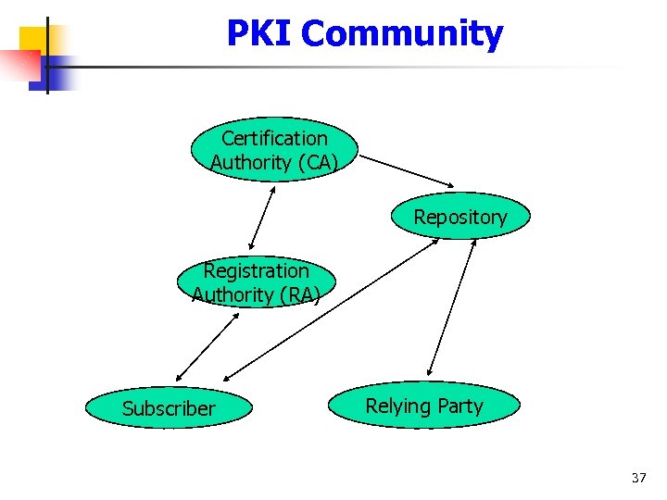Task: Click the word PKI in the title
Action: tap(260, 34)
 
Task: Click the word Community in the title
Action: tap(401, 34)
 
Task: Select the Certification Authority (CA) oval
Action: tap(273, 150)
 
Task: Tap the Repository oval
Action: tap(460, 218)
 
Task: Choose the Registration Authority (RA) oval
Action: tap(256, 282)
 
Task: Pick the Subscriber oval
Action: tap(168, 408)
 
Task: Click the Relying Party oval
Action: tap(424, 406)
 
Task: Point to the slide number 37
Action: tap(638, 478)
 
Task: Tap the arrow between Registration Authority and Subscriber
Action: tap(207, 346)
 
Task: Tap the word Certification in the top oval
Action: tap(274, 139)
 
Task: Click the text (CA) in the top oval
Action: tap(317, 163)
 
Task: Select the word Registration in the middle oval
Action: tap(256, 271)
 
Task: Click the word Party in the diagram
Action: tap(460, 406)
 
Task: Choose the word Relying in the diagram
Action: tap(399, 406)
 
